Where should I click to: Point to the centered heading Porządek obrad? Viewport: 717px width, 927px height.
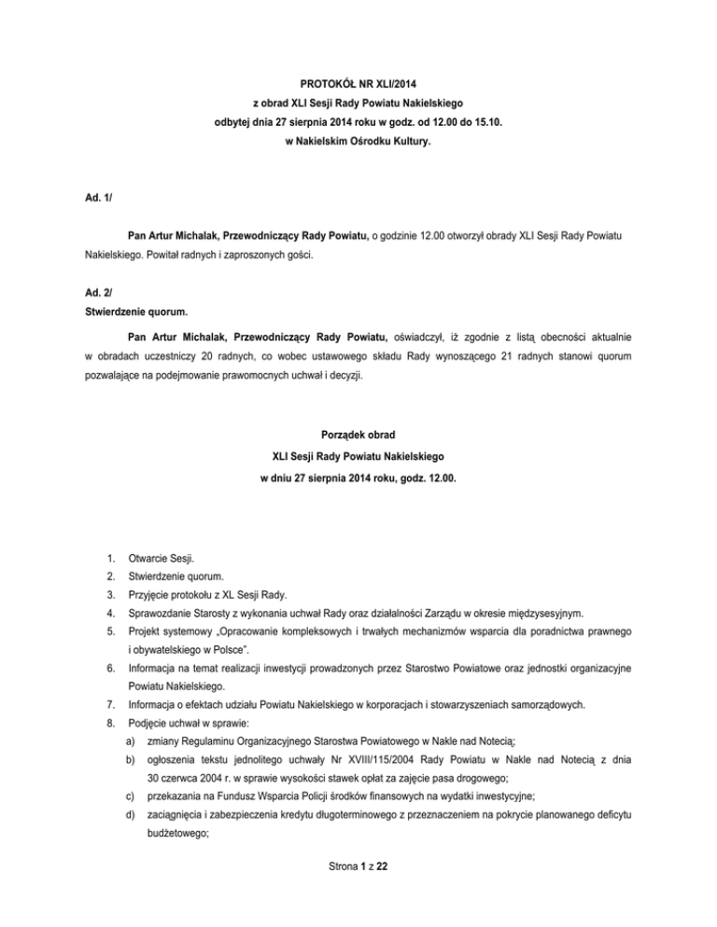point(358,433)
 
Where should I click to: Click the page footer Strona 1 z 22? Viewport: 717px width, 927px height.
point(358,892)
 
